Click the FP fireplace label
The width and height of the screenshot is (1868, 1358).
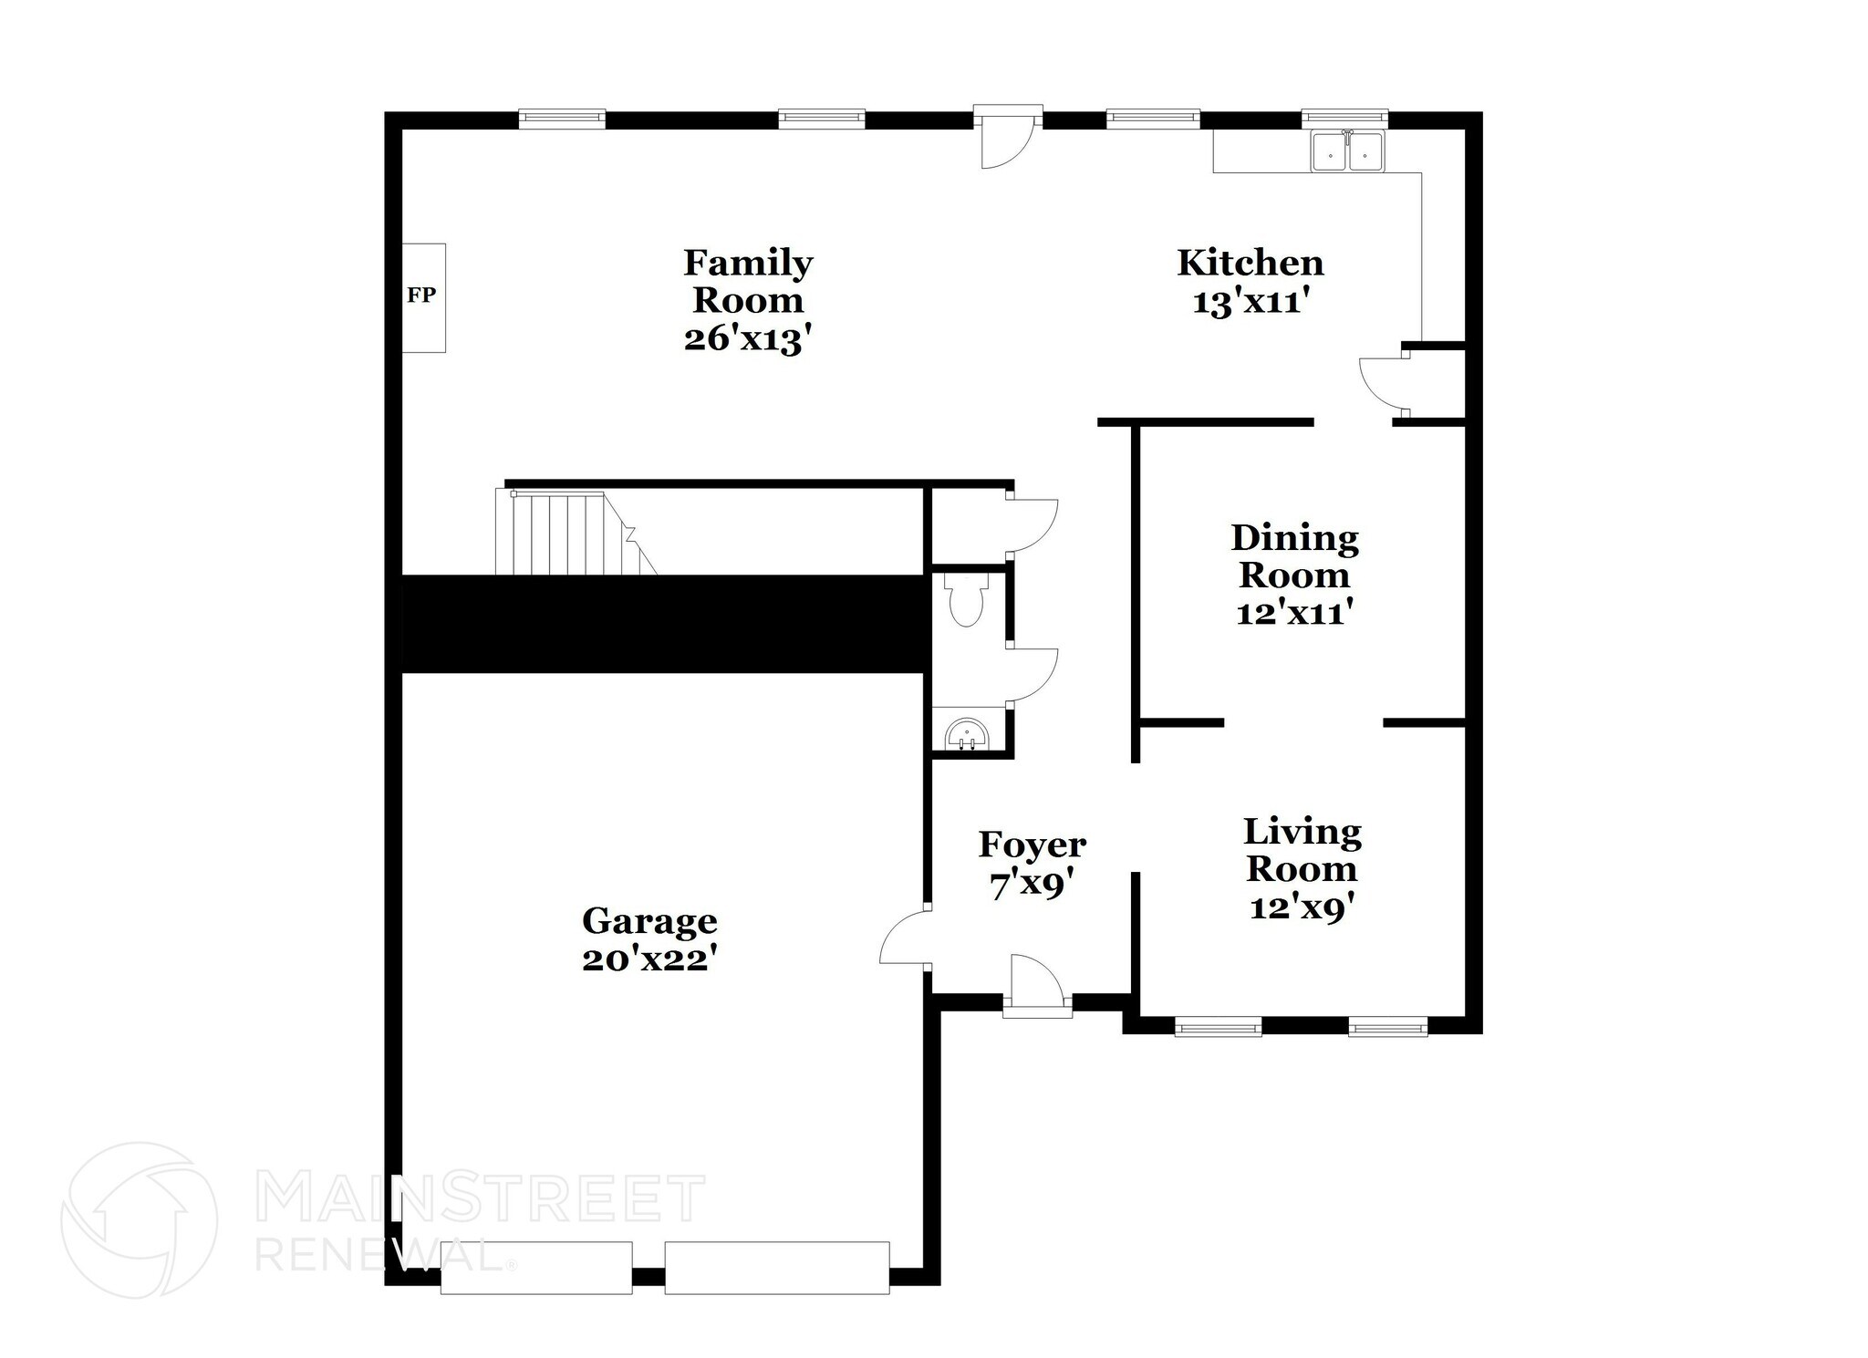coord(421,295)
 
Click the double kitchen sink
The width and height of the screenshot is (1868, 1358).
coord(1347,152)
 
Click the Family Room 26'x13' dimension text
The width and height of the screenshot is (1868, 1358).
coord(747,340)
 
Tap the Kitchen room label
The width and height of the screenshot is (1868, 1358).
coord(1250,263)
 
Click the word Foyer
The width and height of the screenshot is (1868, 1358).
coord(1032,845)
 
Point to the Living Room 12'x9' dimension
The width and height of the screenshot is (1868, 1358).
coord(1302,908)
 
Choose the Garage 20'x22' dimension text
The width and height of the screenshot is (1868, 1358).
coord(649,959)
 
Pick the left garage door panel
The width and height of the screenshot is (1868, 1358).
coord(536,1268)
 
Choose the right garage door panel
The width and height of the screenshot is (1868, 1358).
coord(776,1268)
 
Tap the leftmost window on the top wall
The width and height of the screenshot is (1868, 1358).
coord(562,118)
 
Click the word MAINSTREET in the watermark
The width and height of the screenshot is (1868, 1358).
coord(481,1198)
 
